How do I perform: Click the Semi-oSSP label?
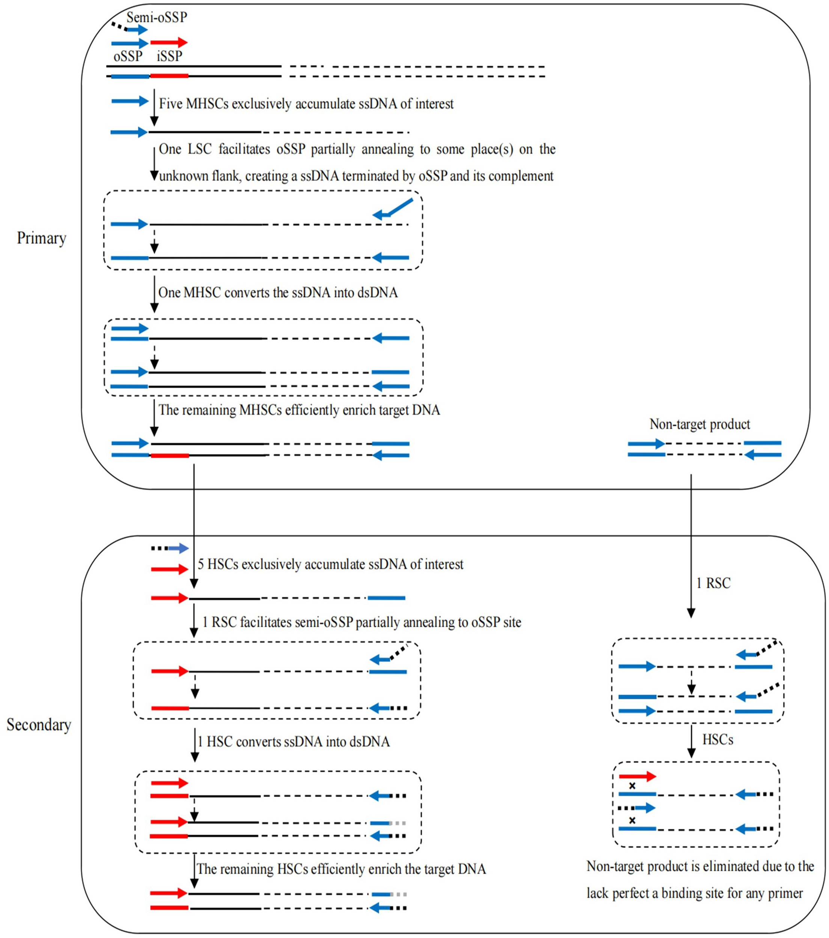click(157, 17)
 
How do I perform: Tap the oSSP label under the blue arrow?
click(128, 56)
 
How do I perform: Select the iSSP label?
click(169, 56)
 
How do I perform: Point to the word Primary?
click(41, 238)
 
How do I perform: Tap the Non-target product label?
click(699, 424)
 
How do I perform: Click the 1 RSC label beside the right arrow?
click(713, 583)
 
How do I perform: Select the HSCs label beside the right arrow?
click(717, 739)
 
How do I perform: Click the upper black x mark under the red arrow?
click(632, 786)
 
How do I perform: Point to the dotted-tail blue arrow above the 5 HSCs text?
click(170, 548)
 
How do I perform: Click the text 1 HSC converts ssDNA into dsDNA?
click(293, 742)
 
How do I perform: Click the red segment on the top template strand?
click(169, 76)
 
